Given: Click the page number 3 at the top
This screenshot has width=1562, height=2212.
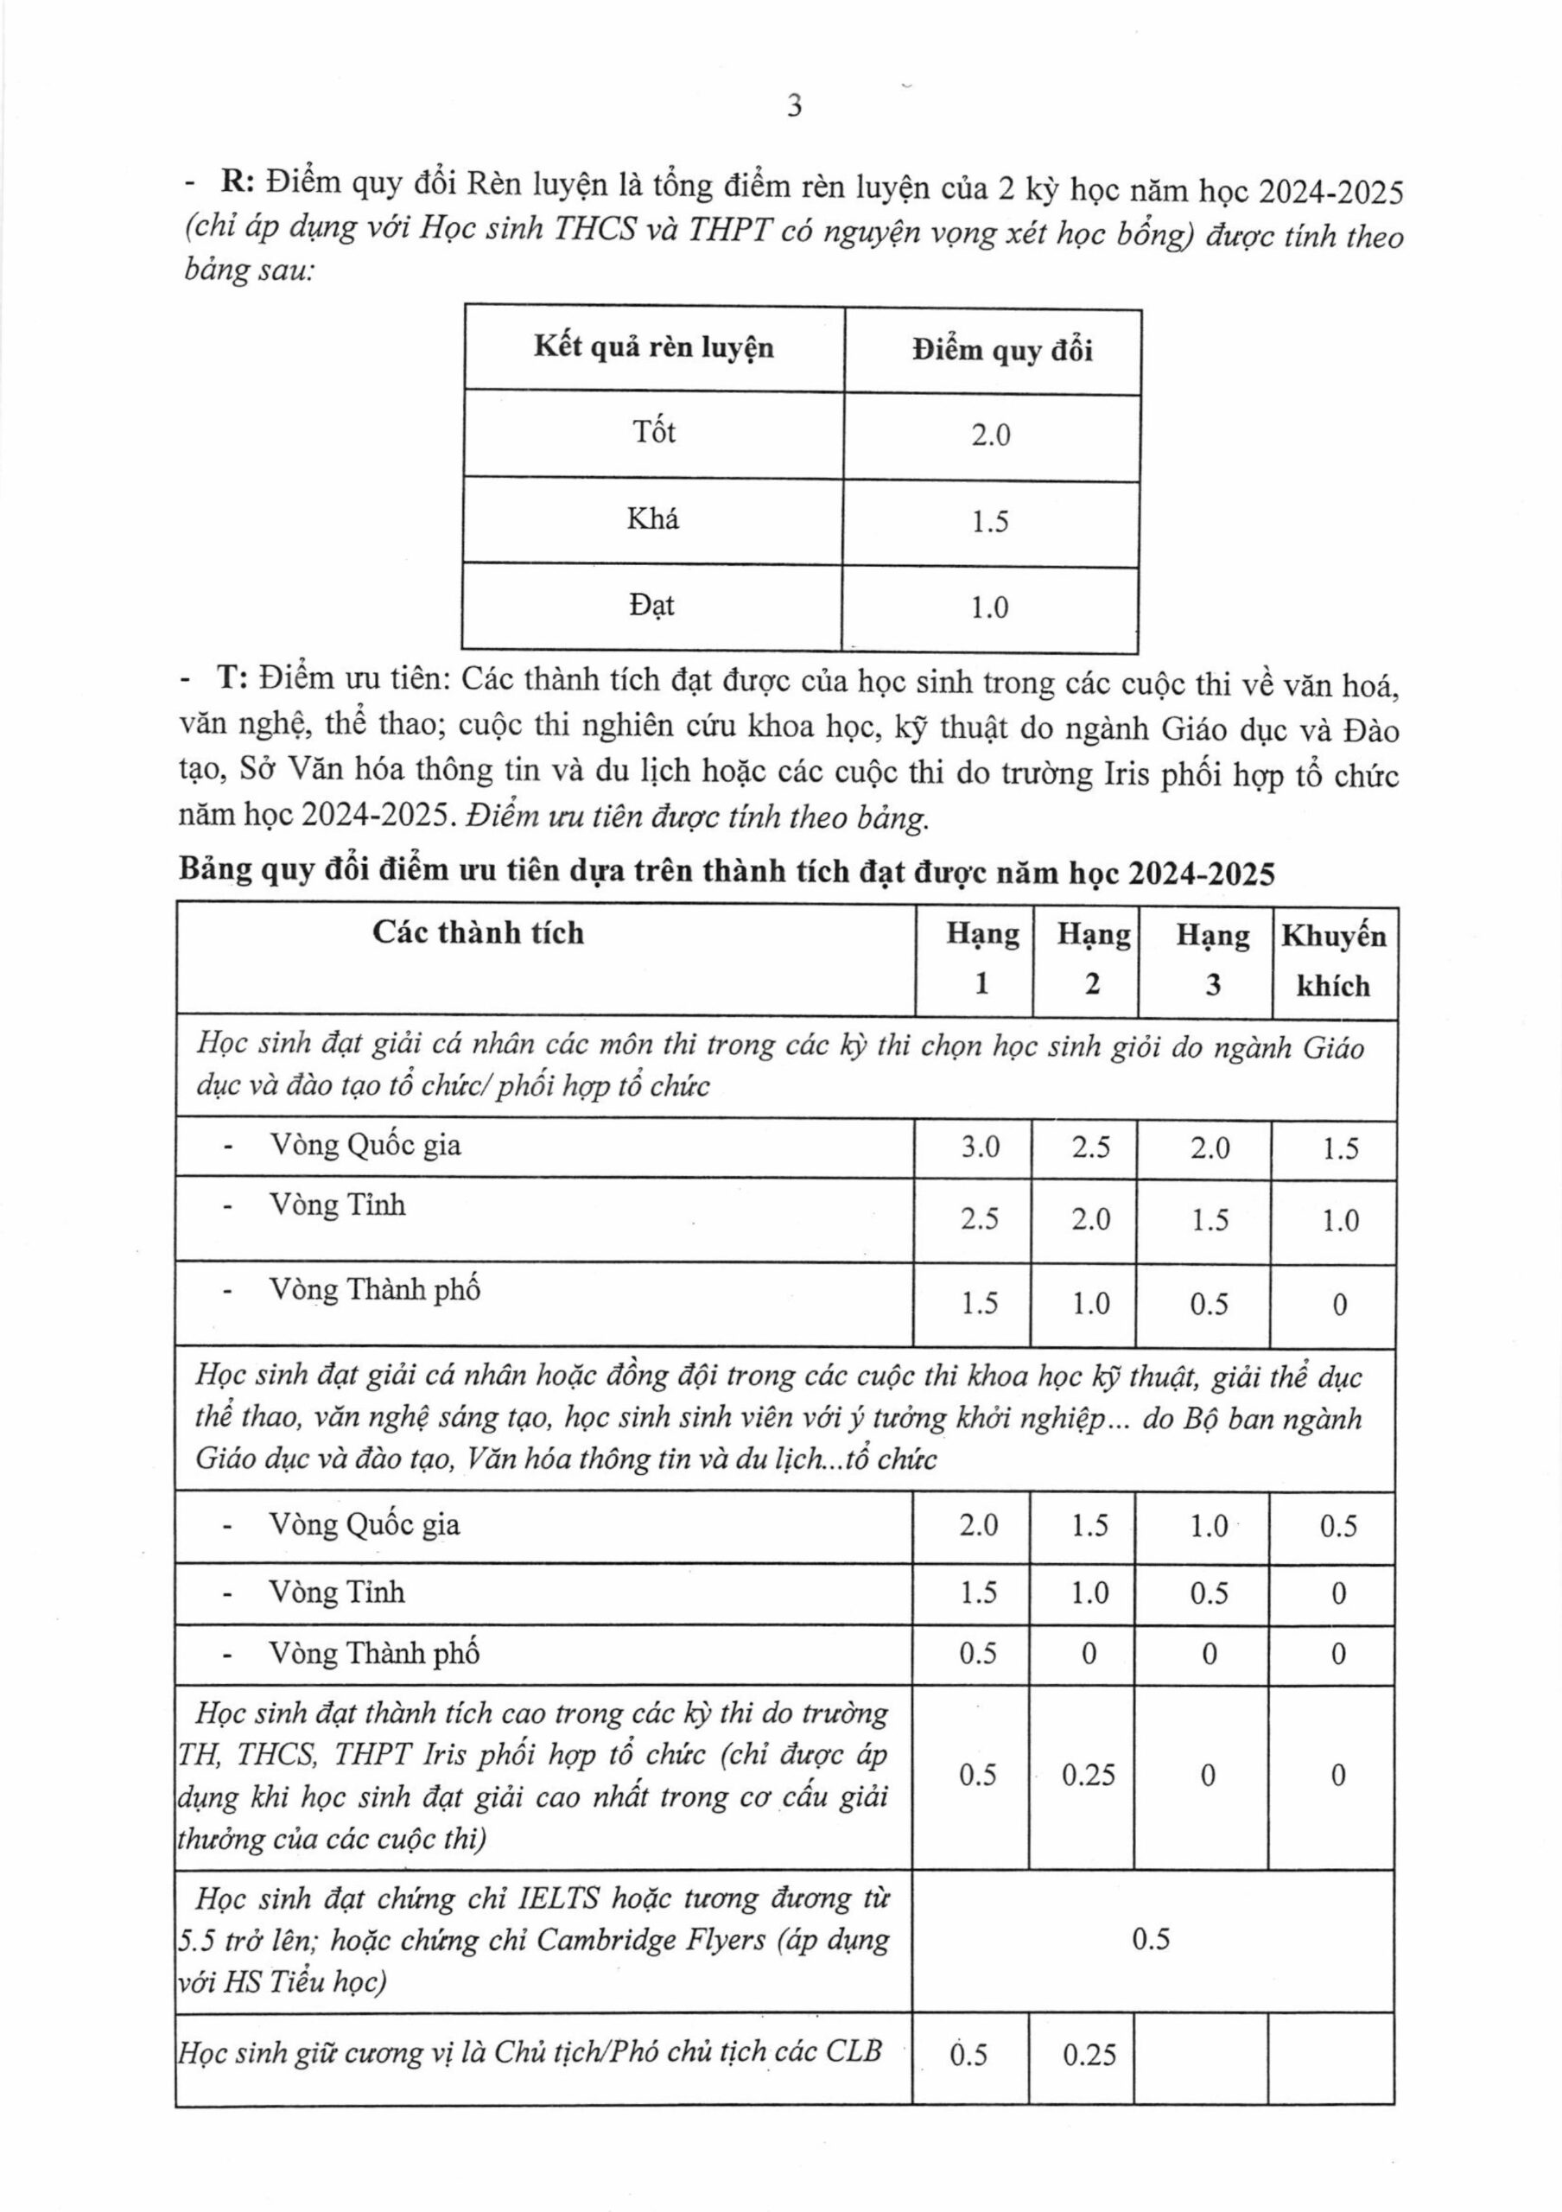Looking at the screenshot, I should click(x=793, y=107).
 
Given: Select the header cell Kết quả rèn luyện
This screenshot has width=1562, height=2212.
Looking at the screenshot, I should click(x=654, y=348).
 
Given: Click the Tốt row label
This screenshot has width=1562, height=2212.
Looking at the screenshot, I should click(x=654, y=433).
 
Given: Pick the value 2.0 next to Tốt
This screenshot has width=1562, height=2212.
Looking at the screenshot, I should click(x=990, y=436).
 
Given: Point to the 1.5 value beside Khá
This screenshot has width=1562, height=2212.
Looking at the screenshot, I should click(x=990, y=522).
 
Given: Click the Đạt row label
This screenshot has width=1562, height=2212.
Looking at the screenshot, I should click(x=651, y=606).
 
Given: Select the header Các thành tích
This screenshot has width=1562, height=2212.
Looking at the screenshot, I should click(x=478, y=932).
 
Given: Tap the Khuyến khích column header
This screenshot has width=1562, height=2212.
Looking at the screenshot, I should click(x=1334, y=961).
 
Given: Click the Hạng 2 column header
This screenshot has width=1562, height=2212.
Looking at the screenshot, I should click(x=1093, y=958).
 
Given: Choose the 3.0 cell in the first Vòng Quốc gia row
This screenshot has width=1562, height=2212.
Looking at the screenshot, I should click(x=981, y=1147).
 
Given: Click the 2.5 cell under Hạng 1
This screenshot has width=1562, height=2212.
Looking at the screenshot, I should click(x=981, y=1221).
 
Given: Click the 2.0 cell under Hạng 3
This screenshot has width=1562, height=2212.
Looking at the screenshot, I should click(x=1210, y=1147).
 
